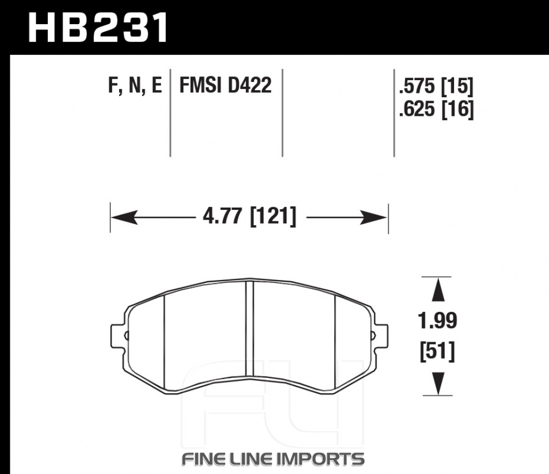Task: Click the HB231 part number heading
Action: [98, 27]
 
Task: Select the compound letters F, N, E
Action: [135, 86]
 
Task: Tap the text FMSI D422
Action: [226, 85]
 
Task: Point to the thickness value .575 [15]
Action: [436, 86]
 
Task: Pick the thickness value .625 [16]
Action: [436, 109]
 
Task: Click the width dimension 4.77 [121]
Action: [250, 216]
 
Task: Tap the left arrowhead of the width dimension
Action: [124, 218]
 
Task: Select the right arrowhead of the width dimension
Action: [374, 218]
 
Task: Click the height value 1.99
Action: [438, 321]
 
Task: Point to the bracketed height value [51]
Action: [438, 352]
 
